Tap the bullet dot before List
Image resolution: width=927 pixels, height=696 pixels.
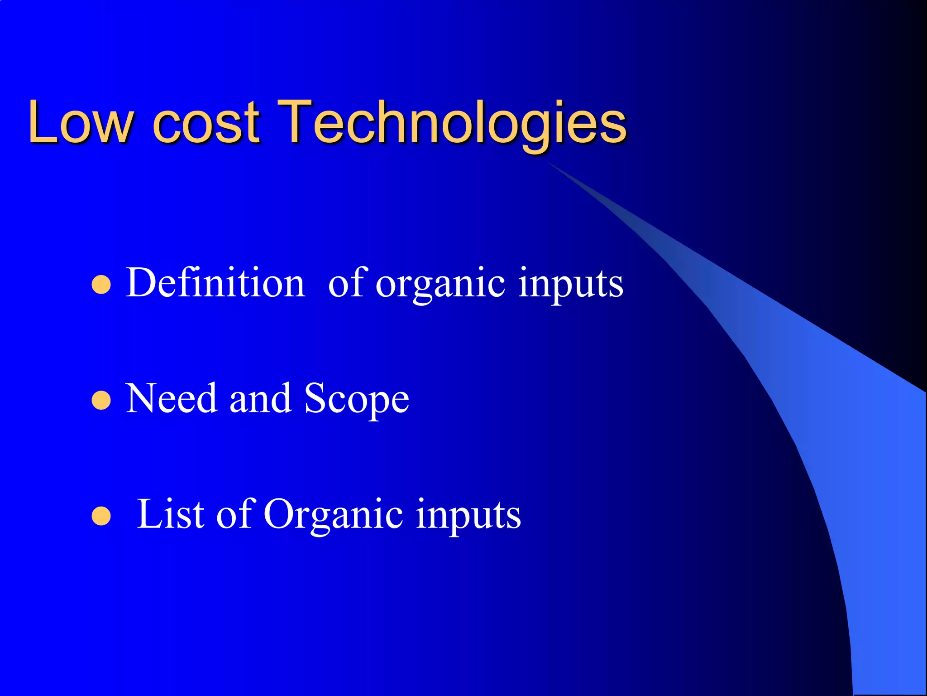(101, 516)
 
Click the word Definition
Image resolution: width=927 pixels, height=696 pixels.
(215, 283)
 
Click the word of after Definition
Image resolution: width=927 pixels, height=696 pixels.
(346, 283)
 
